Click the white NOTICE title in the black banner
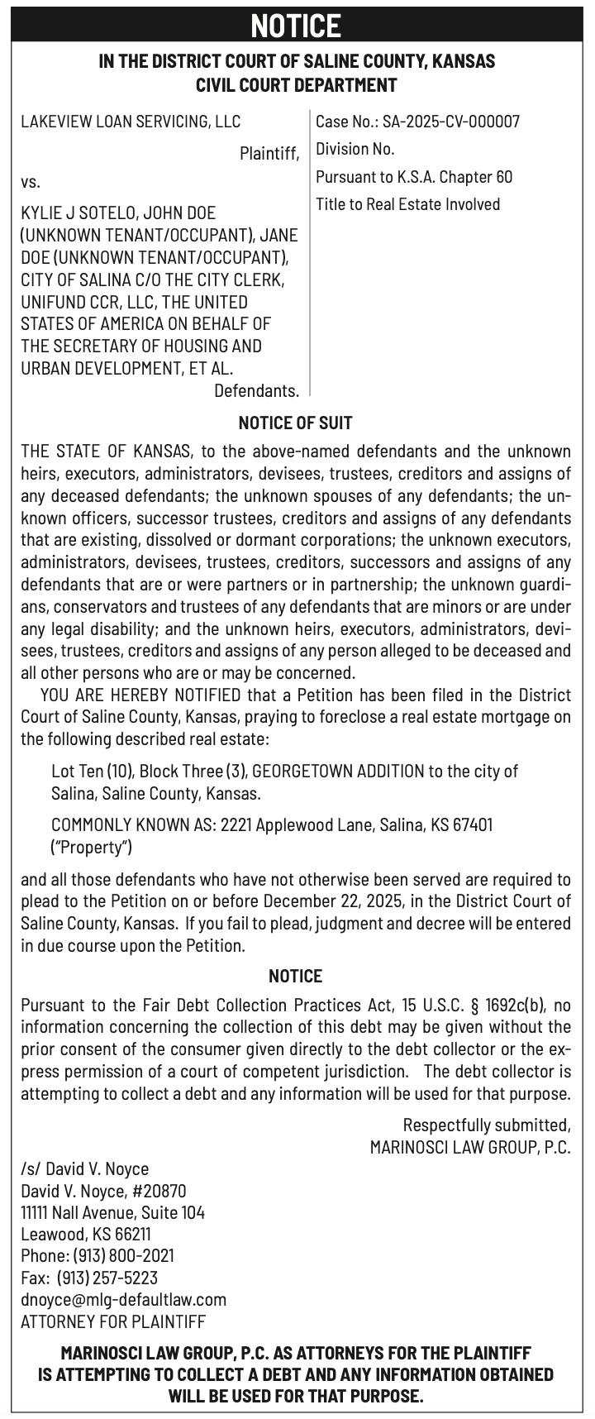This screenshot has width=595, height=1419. [296, 26]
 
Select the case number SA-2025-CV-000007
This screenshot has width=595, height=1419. [451, 122]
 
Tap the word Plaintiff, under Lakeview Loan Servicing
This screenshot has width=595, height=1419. [269, 153]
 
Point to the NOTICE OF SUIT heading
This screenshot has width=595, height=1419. [296, 423]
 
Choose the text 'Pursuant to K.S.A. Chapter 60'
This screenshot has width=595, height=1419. [414, 176]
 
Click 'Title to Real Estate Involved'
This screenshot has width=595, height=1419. [407, 203]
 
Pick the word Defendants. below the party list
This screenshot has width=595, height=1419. [256, 389]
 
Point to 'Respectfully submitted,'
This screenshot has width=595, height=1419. [486, 1125]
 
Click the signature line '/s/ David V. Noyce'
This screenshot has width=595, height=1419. [85, 1168]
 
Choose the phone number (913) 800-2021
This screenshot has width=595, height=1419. [124, 1255]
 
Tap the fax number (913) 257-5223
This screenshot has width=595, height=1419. [107, 1277]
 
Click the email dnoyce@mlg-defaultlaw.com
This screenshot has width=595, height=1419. [124, 1299]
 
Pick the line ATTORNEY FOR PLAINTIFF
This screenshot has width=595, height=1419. [113, 1321]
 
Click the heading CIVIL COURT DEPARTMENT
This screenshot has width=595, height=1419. [296, 84]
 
